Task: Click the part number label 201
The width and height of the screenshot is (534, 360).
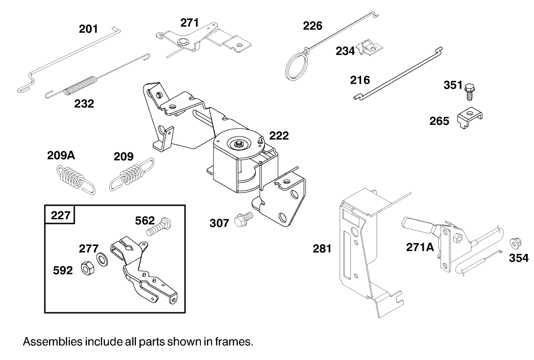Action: [x=88, y=29]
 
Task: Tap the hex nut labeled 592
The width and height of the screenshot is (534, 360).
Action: [x=87, y=269]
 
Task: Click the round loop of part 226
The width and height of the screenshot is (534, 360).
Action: [x=295, y=65]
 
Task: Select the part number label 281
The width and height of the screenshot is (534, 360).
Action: [x=322, y=249]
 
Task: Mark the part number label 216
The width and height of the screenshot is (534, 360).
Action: [x=360, y=80]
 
